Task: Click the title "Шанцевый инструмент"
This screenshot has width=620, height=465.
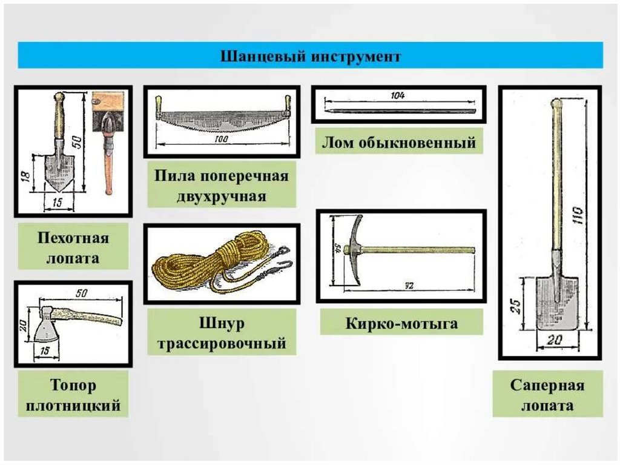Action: tap(309, 56)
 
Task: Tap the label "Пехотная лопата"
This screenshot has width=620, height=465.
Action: tap(73, 246)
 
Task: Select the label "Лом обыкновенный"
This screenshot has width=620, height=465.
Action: tap(398, 144)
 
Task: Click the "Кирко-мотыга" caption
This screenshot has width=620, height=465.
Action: tap(401, 323)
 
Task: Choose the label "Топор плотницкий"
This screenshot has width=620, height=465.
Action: tap(73, 395)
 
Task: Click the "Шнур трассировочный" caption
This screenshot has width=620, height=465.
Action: tap(221, 333)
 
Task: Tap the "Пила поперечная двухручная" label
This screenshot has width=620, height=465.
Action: tap(221, 187)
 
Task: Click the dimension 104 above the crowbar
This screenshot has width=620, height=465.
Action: tap(398, 96)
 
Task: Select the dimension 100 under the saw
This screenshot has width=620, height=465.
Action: tap(222, 139)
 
